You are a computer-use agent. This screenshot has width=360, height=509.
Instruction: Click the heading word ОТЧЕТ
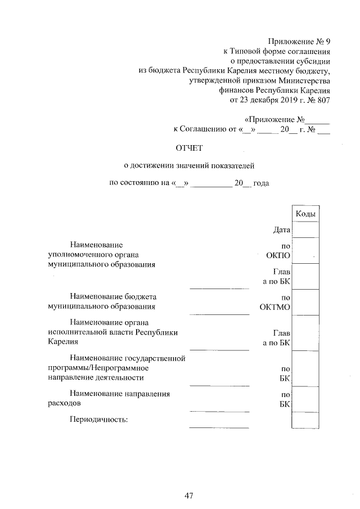pyautogui.click(x=189, y=148)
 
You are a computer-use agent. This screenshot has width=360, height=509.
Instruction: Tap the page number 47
pyautogui.click(x=189, y=496)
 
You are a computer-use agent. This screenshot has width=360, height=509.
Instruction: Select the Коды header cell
pyautogui.click(x=305, y=214)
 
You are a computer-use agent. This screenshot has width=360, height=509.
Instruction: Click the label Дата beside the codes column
pyautogui.click(x=281, y=229)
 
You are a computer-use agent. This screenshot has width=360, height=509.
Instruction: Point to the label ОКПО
pyautogui.click(x=278, y=255)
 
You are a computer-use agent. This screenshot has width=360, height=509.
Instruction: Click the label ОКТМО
pyautogui.click(x=275, y=307)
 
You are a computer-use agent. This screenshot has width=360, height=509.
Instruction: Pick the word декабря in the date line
pyautogui.click(x=256, y=101)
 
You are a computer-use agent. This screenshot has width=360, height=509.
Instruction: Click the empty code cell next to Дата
pyautogui.click(x=305, y=229)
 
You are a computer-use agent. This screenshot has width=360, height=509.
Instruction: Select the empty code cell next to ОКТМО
pyautogui.click(x=305, y=302)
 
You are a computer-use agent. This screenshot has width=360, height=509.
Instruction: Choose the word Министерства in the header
pyautogui.click(x=303, y=81)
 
